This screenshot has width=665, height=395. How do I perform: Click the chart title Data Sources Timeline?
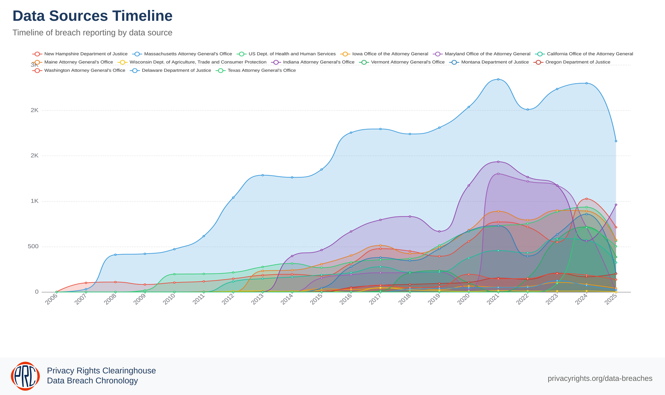coord(92,16)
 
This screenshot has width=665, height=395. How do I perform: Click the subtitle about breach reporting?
coord(92,33)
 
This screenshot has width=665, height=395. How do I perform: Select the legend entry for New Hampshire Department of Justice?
coord(85,54)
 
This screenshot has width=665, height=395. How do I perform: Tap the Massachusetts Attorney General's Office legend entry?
coord(188,54)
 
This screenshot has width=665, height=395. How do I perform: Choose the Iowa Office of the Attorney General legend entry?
coord(390,54)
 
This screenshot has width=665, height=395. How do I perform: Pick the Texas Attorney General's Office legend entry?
coord(261,70)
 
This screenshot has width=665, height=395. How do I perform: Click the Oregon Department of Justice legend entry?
coord(578,62)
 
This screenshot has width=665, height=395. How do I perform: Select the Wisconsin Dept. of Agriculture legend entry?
coord(198,62)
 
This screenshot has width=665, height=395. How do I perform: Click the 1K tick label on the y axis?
coord(35,201)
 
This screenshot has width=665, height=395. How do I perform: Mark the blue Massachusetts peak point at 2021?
coord(498,79)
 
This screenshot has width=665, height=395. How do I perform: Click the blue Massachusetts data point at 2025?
coord(616,141)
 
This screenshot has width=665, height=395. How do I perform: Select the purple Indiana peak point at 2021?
coord(498,162)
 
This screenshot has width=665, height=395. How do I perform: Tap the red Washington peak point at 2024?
coord(586,199)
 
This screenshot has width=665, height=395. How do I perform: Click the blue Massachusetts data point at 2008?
coord(116,255)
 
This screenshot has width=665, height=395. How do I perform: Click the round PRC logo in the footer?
coord(25,376)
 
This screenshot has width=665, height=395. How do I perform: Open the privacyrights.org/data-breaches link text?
coord(600,379)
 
